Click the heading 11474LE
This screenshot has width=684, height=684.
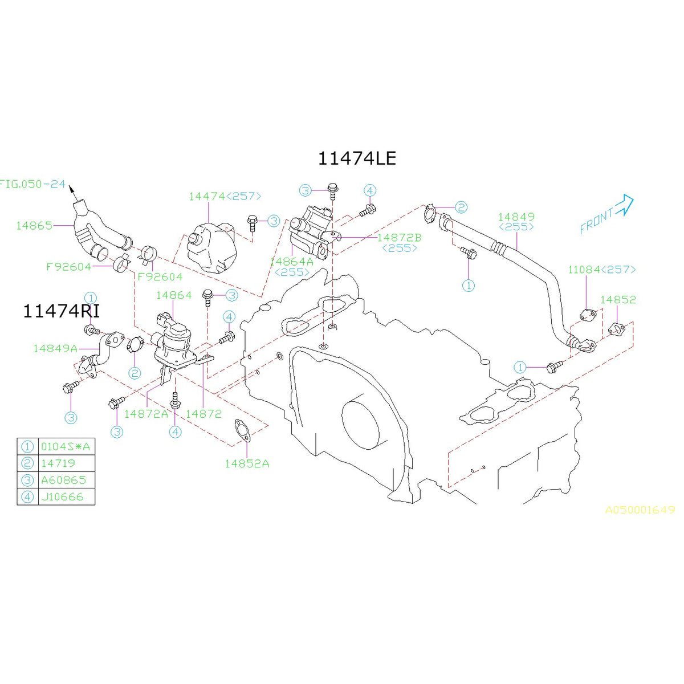pyautogui.click(x=356, y=158)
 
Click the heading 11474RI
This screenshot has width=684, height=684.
pyautogui.click(x=61, y=311)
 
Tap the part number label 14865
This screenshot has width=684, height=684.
pyautogui.click(x=34, y=225)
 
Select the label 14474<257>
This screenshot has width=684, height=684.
pyautogui.click(x=225, y=196)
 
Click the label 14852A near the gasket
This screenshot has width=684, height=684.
pyautogui.click(x=247, y=463)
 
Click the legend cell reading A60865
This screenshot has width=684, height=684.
pyautogui.click(x=63, y=480)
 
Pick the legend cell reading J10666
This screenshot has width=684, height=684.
pyautogui.click(x=62, y=496)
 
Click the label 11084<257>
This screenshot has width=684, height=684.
pyautogui.click(x=601, y=270)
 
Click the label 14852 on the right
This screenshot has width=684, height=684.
pyautogui.click(x=618, y=299)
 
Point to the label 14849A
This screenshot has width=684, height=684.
pyautogui.click(x=55, y=348)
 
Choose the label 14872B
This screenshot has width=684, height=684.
pyautogui.click(x=399, y=237)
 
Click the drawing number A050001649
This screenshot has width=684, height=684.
pyautogui.click(x=640, y=510)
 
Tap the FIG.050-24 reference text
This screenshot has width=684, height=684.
pyautogui.click(x=32, y=184)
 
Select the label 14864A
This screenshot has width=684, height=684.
pyautogui.click(x=291, y=262)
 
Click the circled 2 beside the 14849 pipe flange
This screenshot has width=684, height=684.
pyautogui.click(x=461, y=207)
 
